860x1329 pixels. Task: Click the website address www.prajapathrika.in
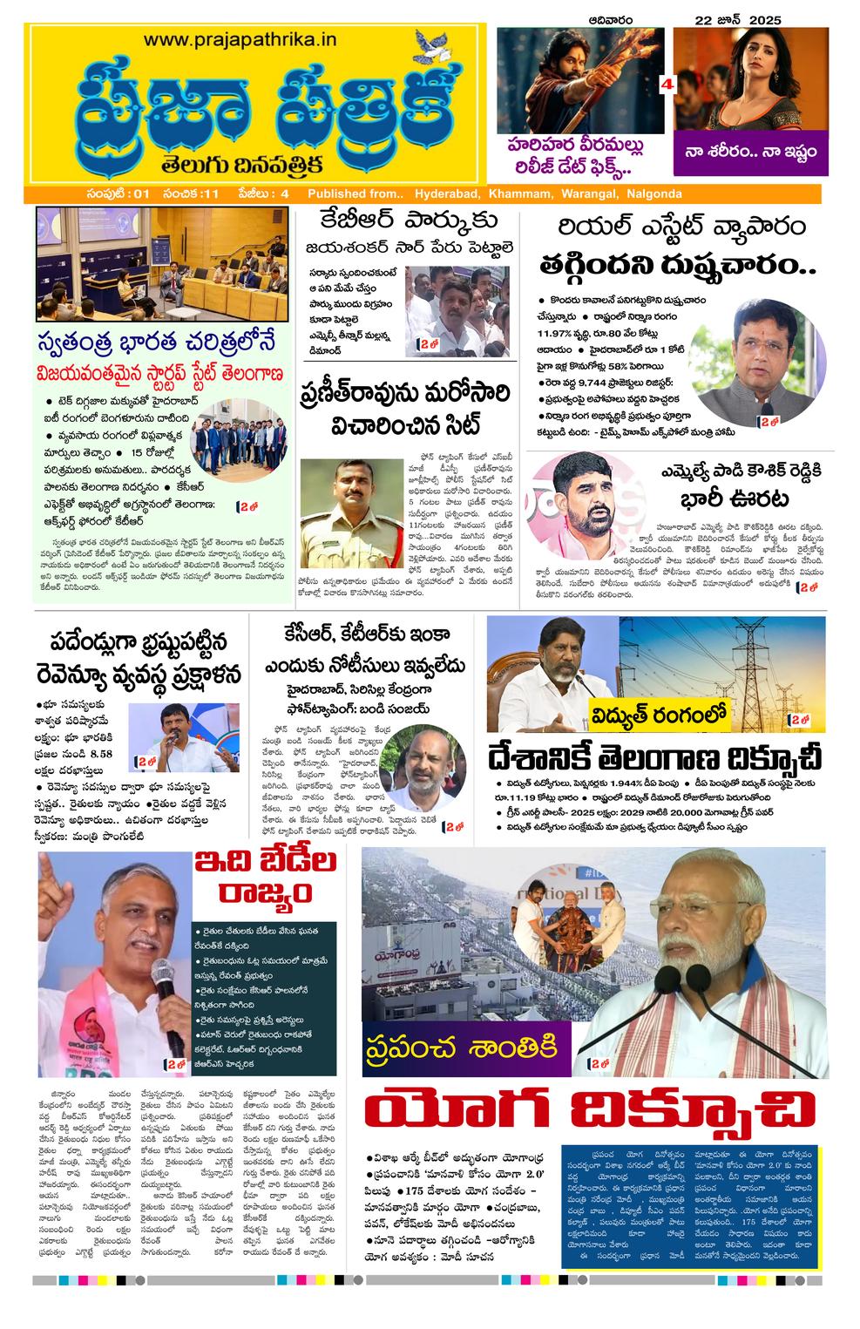click(x=240, y=39)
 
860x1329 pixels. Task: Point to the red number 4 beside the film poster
click(x=668, y=85)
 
